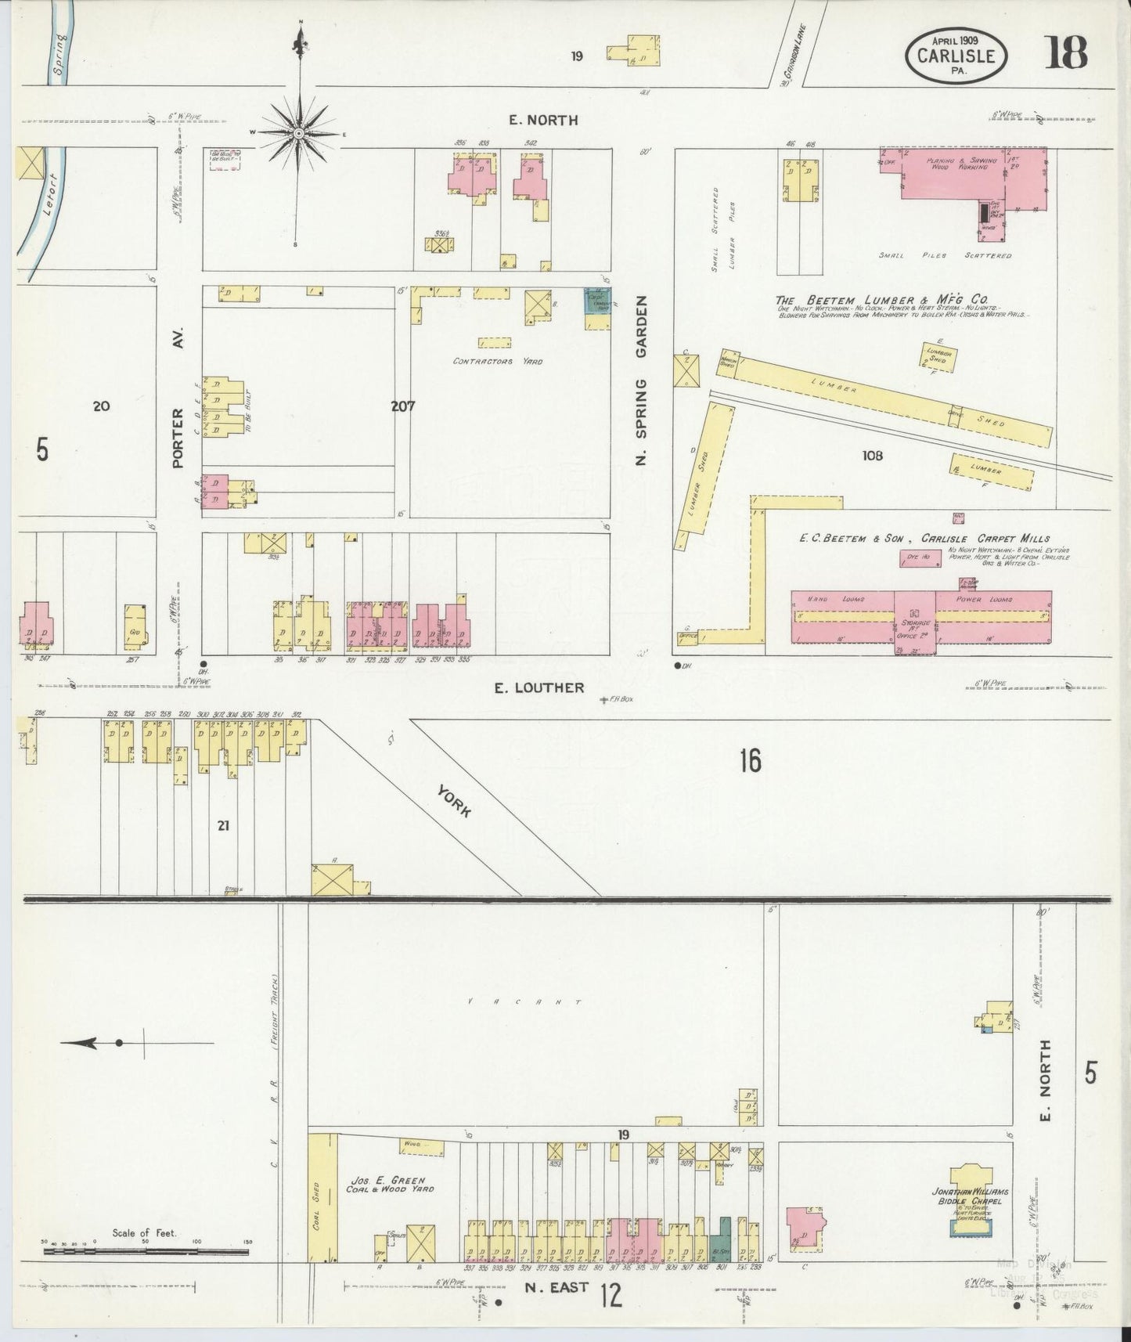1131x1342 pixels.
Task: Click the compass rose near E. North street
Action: [298, 134]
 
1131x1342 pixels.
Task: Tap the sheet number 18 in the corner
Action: [1064, 53]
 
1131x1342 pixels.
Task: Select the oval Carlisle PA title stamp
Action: [956, 55]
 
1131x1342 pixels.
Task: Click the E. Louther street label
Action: [539, 687]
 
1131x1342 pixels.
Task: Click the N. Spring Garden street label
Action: [643, 381]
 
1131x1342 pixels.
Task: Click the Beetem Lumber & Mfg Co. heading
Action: [881, 299]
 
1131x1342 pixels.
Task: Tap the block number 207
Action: [403, 406]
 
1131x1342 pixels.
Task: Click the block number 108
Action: [872, 455]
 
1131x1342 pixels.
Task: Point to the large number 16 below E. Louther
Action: [750, 760]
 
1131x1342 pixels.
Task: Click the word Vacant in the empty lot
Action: [524, 1001]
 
